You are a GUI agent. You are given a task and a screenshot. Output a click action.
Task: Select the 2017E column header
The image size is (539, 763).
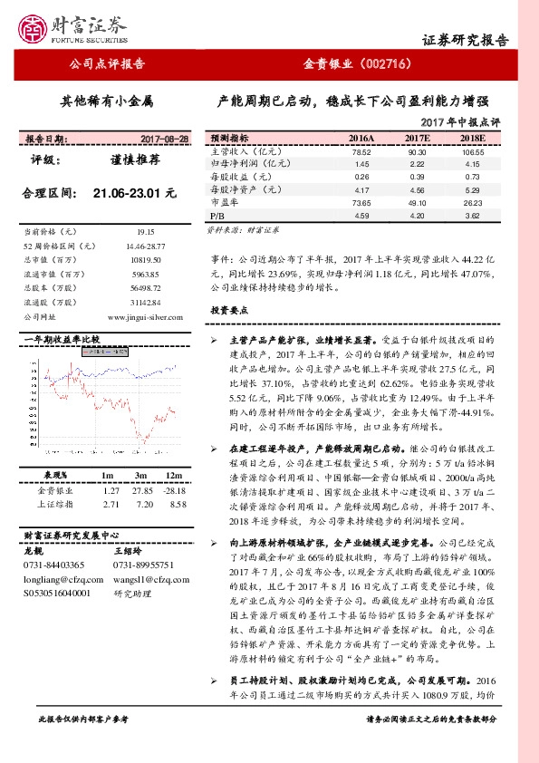pyautogui.click(x=417, y=138)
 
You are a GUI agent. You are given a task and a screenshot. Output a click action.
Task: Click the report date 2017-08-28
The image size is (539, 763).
pyautogui.click(x=166, y=139)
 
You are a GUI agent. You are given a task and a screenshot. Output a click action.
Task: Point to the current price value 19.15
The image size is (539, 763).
pyautogui.click(x=147, y=232)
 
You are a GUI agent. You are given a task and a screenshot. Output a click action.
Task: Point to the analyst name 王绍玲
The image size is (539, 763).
pyautogui.click(x=130, y=549)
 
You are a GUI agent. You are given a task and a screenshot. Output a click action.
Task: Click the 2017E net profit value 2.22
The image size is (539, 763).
pyautogui.click(x=417, y=164)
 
